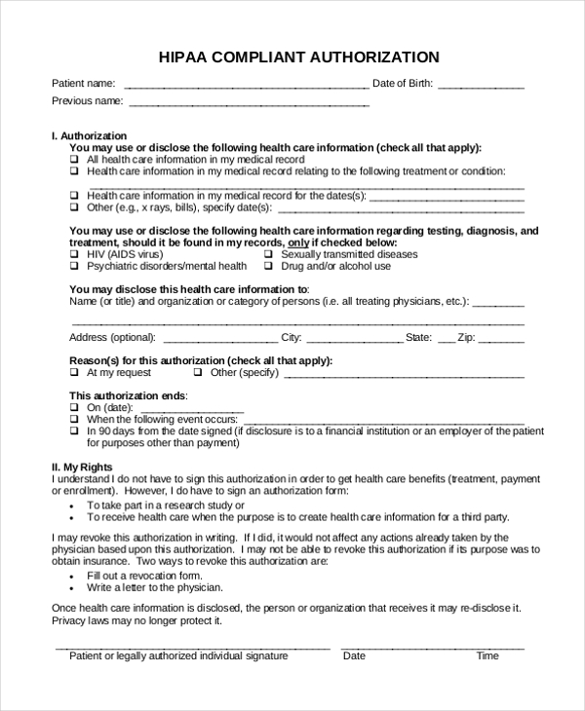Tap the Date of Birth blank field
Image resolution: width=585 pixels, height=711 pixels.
coord(481,85)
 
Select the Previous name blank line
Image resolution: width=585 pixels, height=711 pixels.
coord(249,101)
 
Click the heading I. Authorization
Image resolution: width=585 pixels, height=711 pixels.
coord(89,135)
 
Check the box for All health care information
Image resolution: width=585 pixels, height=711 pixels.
coord(74,159)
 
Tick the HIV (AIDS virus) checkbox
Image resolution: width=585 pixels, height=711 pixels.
coord(74,254)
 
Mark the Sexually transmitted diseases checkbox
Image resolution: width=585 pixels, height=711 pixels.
coord(269,254)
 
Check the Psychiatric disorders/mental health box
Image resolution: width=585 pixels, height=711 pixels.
coord(74,266)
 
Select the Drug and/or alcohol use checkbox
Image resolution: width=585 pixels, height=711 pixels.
coord(269,266)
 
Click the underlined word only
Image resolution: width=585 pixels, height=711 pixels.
coord(298,243)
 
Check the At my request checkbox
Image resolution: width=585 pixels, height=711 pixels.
coord(74,372)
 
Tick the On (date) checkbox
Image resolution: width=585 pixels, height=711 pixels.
coord(74,407)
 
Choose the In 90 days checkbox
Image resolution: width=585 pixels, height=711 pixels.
coord(74,430)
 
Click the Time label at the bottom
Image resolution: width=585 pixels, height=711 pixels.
coord(487,655)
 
